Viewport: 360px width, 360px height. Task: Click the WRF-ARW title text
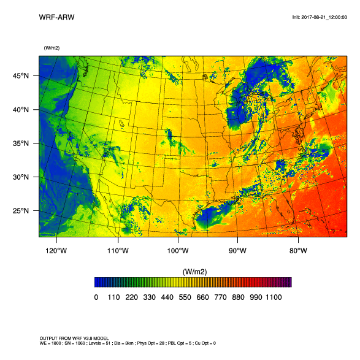56,17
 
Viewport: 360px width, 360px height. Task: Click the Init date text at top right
320,17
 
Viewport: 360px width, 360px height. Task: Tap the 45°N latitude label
21,76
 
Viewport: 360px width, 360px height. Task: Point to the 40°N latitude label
21,110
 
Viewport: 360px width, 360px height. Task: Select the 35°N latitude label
21,144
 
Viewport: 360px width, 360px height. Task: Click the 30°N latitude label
21,177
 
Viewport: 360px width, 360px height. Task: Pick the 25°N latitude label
21,211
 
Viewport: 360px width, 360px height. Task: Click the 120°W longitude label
58,250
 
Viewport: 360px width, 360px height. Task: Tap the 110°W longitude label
118,250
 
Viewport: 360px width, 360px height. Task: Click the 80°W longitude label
297,250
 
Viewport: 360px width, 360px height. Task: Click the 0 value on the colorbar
96,297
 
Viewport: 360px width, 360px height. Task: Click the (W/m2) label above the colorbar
193,271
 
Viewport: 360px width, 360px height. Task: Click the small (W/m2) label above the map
52,48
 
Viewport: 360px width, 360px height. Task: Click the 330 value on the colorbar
148,297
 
